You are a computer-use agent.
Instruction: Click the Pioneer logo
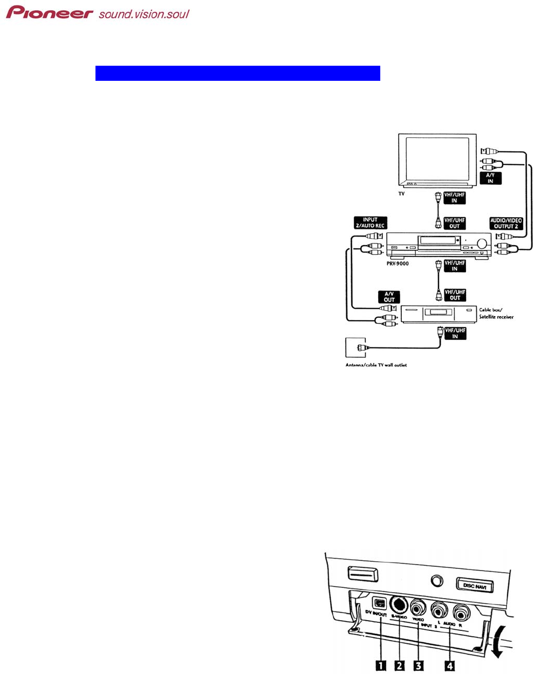click(50, 12)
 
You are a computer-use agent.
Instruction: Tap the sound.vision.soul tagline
click(143, 13)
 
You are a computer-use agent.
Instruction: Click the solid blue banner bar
click(237, 73)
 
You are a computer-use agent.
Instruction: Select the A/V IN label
click(490, 178)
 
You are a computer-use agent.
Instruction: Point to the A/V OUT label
click(389, 296)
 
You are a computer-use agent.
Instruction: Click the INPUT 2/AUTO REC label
click(370, 223)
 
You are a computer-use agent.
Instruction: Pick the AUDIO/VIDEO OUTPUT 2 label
click(506, 223)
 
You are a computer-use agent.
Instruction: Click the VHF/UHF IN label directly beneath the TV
click(454, 198)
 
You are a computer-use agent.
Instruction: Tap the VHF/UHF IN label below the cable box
click(455, 333)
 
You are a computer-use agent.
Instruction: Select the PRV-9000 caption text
click(397, 264)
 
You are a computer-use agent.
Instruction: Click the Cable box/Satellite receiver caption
click(496, 314)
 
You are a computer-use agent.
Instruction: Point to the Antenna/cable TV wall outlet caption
click(376, 365)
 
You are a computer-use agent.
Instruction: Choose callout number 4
click(449, 665)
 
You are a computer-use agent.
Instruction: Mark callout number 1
click(380, 665)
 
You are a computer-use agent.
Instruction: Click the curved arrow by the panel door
click(499, 644)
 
